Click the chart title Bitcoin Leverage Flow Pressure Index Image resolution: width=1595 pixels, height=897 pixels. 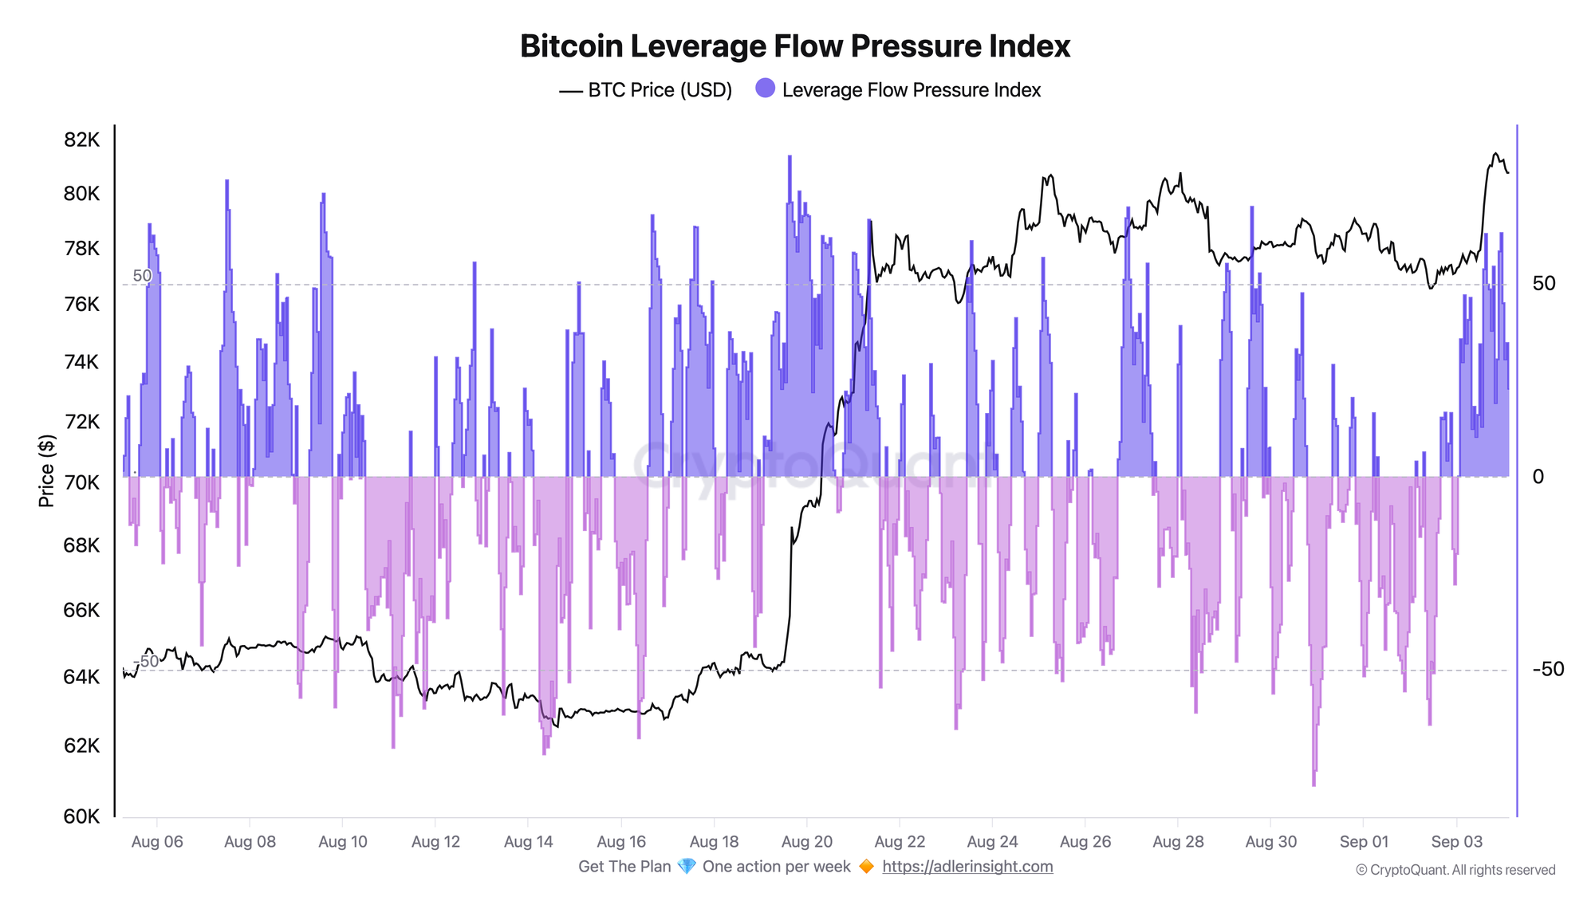click(x=794, y=46)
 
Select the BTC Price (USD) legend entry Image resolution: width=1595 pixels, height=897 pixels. click(x=645, y=90)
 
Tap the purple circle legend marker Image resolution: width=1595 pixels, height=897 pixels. click(x=765, y=89)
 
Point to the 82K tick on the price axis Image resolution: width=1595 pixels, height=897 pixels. click(x=81, y=140)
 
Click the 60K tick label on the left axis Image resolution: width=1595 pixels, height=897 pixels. click(x=81, y=816)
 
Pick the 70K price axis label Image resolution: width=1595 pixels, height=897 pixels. click(x=81, y=482)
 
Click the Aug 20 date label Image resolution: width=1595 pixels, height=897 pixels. click(x=807, y=841)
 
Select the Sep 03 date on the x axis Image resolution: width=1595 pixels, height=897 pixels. click(x=1457, y=841)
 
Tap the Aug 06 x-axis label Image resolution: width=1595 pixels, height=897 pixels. click(x=157, y=841)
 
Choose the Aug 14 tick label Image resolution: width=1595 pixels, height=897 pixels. click(x=529, y=841)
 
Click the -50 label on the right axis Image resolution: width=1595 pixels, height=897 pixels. click(x=1548, y=669)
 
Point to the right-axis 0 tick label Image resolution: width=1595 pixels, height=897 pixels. click(x=1538, y=477)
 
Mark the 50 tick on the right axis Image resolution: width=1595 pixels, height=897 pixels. click(x=1544, y=283)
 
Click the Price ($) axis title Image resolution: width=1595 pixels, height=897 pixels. click(x=47, y=471)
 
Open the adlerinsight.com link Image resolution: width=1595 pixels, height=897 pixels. click(x=967, y=867)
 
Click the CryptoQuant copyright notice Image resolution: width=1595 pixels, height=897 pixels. click(x=1455, y=870)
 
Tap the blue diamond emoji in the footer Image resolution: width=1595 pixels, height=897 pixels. click(x=687, y=867)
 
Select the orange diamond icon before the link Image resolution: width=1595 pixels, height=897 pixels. click(x=866, y=867)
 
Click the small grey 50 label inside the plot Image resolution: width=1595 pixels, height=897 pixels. click(x=142, y=276)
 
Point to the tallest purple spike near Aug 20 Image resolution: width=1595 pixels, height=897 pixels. click(x=790, y=159)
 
